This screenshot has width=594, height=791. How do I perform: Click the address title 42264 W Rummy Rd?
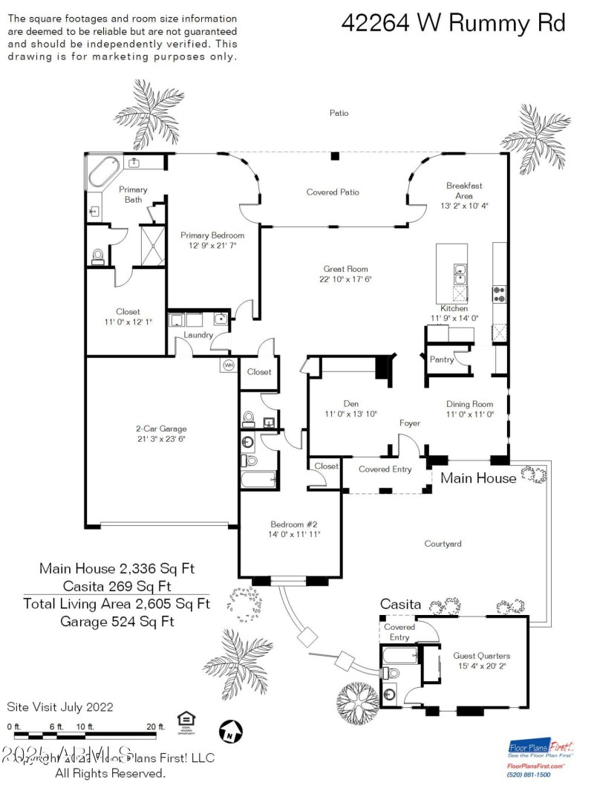453,23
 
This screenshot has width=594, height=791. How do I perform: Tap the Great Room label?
345,270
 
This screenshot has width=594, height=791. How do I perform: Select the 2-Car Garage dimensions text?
161,439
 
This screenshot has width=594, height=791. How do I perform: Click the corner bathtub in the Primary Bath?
99,171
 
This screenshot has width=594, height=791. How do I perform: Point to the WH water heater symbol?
228,365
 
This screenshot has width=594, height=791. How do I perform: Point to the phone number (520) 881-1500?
529,774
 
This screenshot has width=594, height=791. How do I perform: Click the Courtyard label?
443,544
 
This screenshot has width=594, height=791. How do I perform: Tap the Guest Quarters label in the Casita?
481,656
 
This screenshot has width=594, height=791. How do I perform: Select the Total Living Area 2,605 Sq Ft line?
117,603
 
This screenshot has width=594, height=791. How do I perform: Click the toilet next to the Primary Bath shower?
97,256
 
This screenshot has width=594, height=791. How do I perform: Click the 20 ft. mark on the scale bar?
155,726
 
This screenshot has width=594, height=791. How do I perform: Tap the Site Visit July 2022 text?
60,706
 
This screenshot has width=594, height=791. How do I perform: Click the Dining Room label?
469,404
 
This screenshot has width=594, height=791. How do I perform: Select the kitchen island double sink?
460,273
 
